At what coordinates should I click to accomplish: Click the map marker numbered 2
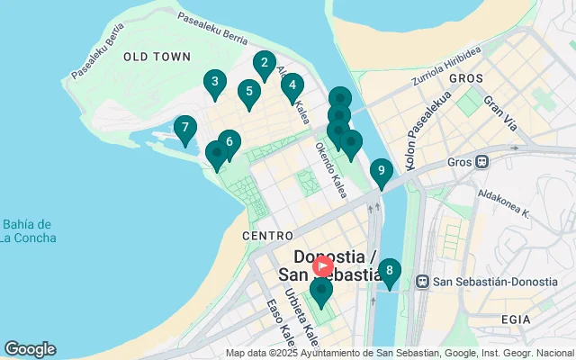(x=264, y=64)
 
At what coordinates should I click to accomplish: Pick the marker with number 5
(x=248, y=92)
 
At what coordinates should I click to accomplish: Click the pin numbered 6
(x=229, y=142)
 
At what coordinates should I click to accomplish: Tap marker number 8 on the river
(x=389, y=271)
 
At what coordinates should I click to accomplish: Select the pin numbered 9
(x=381, y=171)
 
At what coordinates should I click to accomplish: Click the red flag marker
(x=322, y=267)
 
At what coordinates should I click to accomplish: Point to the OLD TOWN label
(x=157, y=57)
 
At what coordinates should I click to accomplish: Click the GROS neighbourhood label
(x=466, y=78)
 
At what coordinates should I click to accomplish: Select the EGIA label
(x=543, y=319)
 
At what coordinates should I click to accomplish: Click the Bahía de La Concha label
(x=27, y=231)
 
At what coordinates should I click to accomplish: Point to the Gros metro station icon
(x=483, y=162)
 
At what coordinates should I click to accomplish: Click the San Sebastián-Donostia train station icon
(x=423, y=281)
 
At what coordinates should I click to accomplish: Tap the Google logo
(x=30, y=349)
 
